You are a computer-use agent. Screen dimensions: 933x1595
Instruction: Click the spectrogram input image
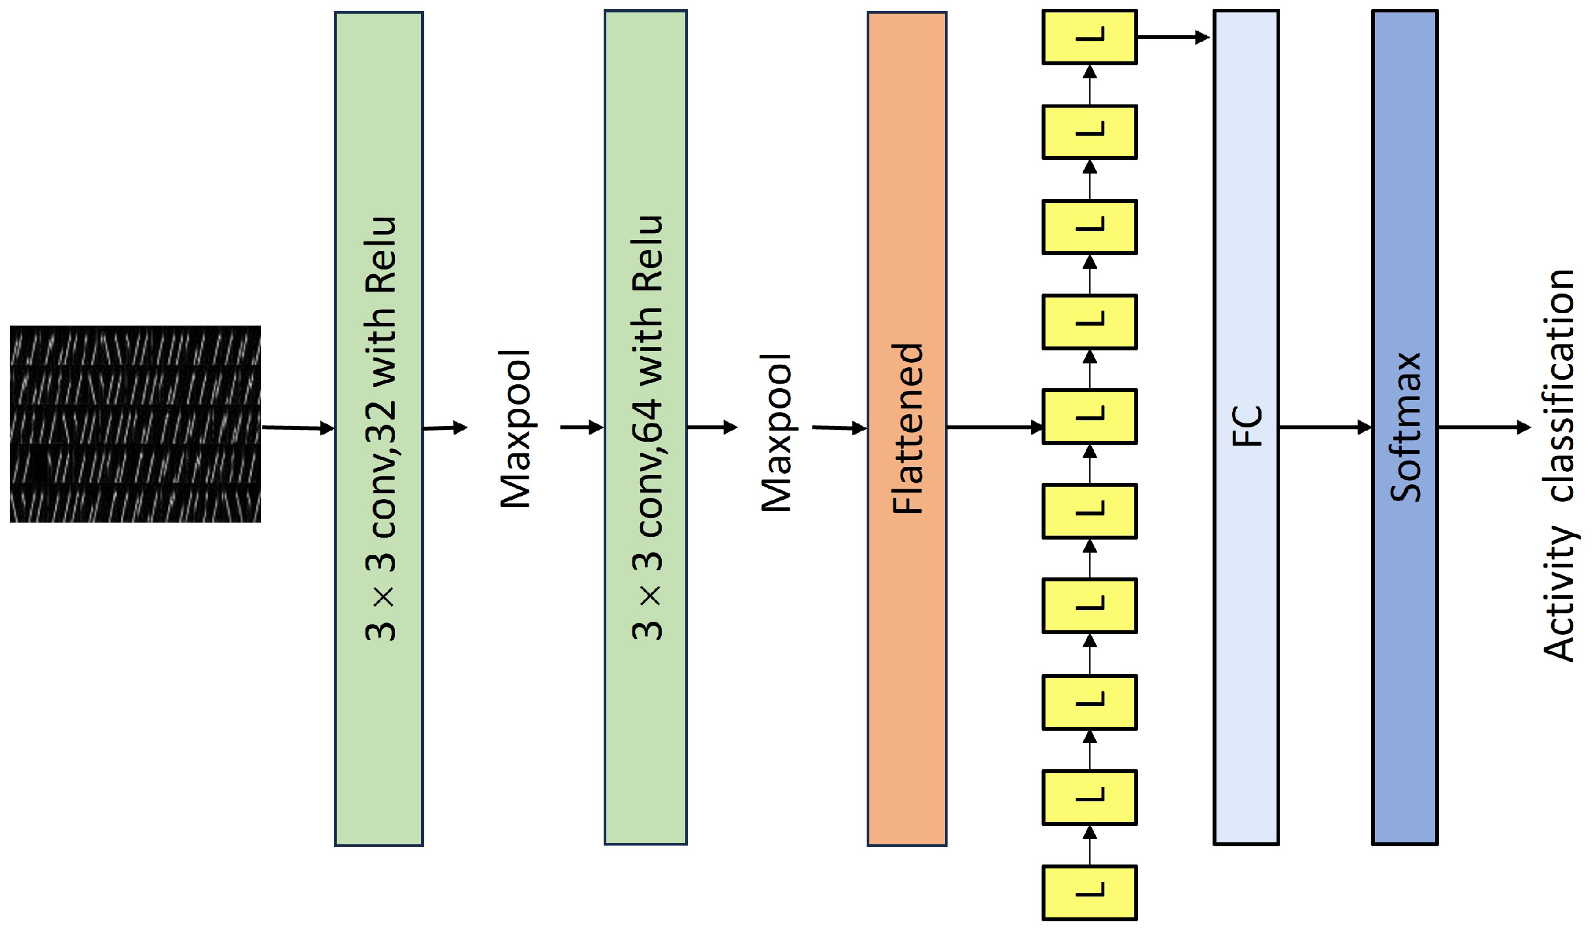135,424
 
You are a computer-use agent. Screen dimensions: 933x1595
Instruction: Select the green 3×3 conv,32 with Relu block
379,718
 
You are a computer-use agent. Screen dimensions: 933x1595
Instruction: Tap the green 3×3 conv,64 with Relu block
645,718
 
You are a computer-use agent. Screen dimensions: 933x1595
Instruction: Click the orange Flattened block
906,652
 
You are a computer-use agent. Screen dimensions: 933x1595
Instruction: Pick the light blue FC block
1245,587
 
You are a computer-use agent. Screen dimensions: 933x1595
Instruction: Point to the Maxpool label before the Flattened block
777,433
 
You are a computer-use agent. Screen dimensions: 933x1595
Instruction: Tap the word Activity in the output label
1560,594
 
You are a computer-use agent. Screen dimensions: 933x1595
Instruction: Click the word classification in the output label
1560,385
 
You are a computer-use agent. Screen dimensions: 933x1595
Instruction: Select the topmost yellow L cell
1089,37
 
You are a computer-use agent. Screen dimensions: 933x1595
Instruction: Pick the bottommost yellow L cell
1089,893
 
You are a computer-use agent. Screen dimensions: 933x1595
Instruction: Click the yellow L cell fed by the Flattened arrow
1089,416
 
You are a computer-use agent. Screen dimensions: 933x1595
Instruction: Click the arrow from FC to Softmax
1325,427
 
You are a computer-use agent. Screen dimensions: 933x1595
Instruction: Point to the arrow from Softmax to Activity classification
1484,427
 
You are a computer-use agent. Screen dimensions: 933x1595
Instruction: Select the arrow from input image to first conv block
298,428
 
